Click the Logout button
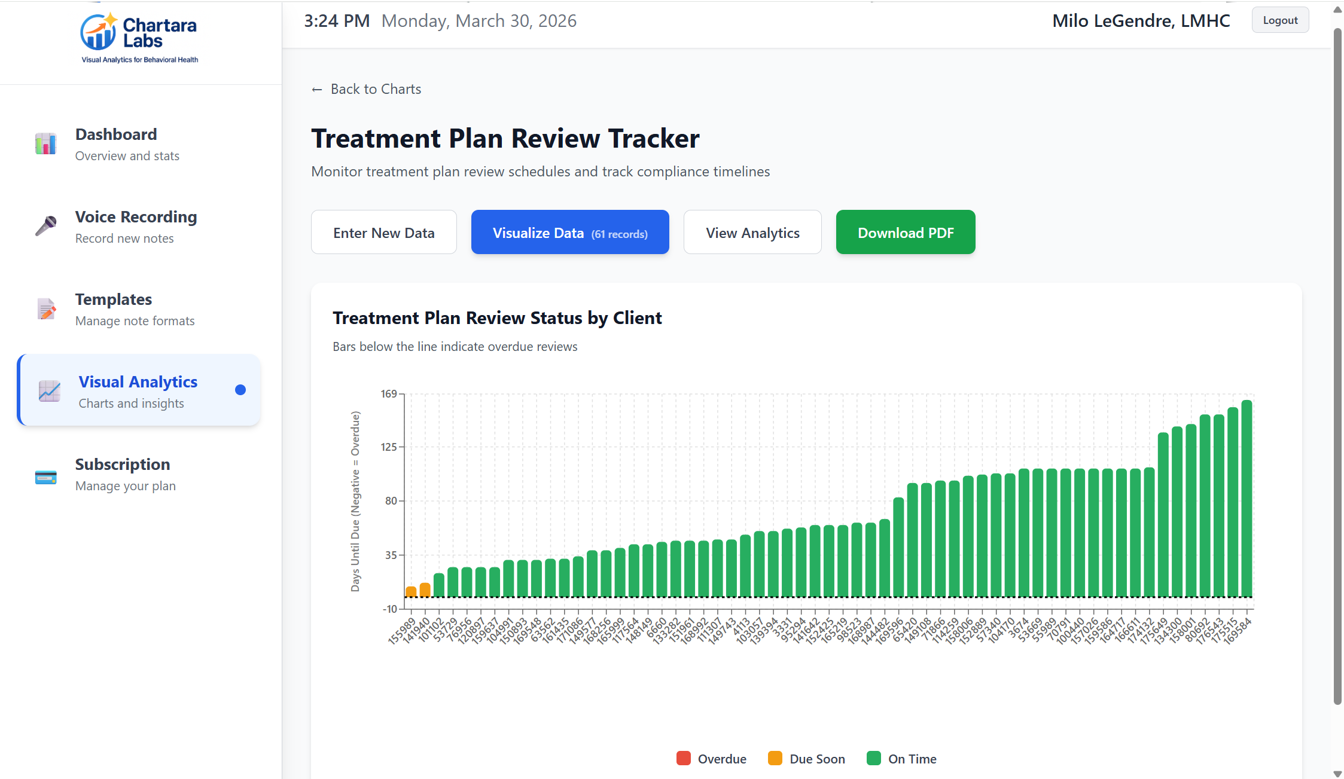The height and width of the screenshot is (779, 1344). (1279, 20)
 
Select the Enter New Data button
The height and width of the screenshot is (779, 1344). (383, 233)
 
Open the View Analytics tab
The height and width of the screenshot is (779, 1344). (752, 233)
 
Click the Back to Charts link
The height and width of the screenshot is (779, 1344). (367, 89)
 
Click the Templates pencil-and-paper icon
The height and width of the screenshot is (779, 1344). (46, 309)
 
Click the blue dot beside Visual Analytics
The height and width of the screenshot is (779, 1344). (240, 390)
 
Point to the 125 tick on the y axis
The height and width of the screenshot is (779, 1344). (389, 447)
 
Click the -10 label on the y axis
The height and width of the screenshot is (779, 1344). (389, 609)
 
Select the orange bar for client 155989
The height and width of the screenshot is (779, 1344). (411, 591)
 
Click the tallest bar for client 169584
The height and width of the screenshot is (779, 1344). (1247, 499)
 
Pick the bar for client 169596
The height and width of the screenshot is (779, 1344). (898, 547)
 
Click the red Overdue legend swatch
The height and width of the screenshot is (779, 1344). (683, 759)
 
